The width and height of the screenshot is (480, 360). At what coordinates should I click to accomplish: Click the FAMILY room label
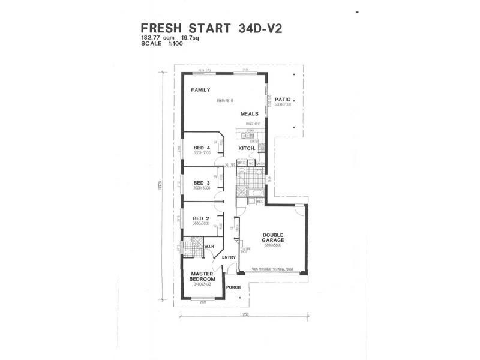coord(200,90)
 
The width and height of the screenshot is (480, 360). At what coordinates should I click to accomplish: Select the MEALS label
coord(250,113)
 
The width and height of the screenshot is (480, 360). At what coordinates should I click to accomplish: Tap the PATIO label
coord(283,100)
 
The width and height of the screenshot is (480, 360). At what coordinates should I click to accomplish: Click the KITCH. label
coord(247,148)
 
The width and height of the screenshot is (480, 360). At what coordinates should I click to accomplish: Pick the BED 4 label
coord(202,148)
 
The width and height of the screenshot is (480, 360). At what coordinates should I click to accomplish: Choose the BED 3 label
coord(202,183)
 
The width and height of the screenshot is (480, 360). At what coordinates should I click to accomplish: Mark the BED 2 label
coord(202,218)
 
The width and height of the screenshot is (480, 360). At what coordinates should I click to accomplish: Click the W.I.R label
coord(210,246)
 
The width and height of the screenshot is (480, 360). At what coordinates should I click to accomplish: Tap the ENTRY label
coord(229,257)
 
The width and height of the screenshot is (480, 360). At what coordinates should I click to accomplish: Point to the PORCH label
coord(233,287)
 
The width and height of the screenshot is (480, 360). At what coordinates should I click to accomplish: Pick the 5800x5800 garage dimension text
coord(273,245)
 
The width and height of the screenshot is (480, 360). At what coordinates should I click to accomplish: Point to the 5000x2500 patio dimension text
coord(283,105)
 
